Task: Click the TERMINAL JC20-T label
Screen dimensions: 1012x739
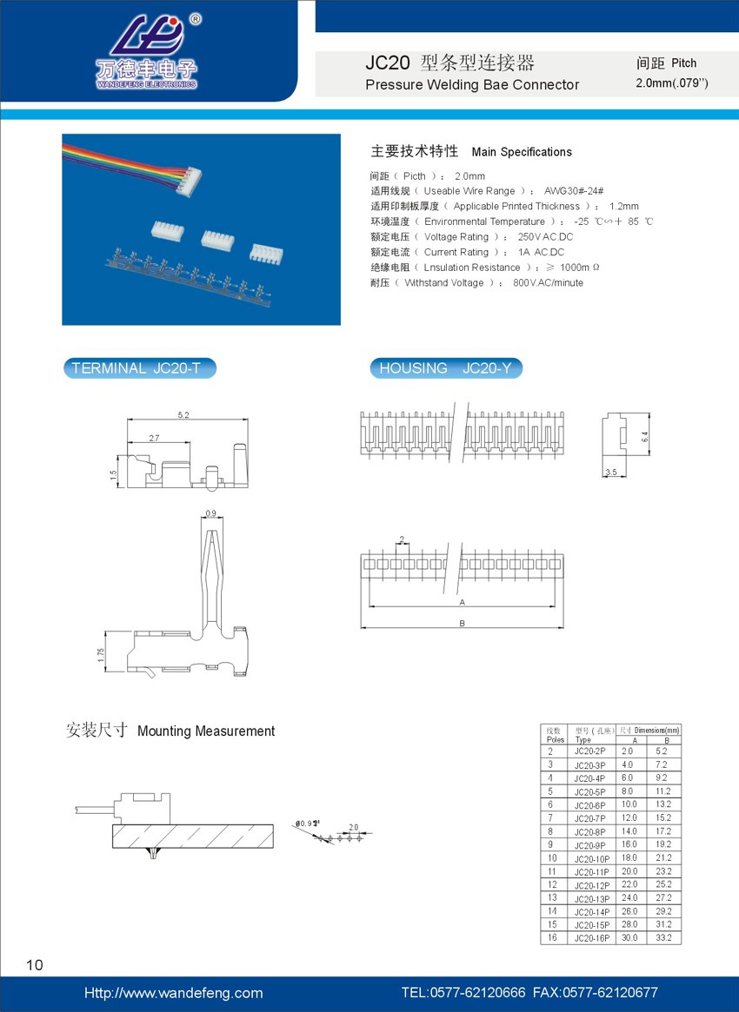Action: [x=138, y=368]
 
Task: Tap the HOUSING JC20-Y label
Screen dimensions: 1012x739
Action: [x=446, y=368]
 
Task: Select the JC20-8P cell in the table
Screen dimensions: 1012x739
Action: [x=590, y=832]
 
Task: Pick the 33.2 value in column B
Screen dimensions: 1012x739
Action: [x=662, y=938]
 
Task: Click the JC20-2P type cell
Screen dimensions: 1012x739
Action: [x=590, y=751]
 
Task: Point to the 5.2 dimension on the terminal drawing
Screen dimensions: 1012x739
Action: [x=183, y=416]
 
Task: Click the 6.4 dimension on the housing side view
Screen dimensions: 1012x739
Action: [x=645, y=437]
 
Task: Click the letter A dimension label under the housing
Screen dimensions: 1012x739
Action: [x=462, y=601]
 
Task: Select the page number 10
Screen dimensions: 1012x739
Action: [x=35, y=964]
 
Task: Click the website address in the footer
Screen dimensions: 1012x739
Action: [x=173, y=993]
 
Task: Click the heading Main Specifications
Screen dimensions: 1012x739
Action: [x=522, y=152]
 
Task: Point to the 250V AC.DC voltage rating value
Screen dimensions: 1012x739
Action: [x=545, y=237]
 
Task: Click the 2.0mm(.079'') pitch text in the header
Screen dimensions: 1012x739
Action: [x=672, y=83]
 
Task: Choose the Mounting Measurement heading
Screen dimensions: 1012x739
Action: [x=206, y=731]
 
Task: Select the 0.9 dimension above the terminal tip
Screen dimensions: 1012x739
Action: [x=210, y=513]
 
